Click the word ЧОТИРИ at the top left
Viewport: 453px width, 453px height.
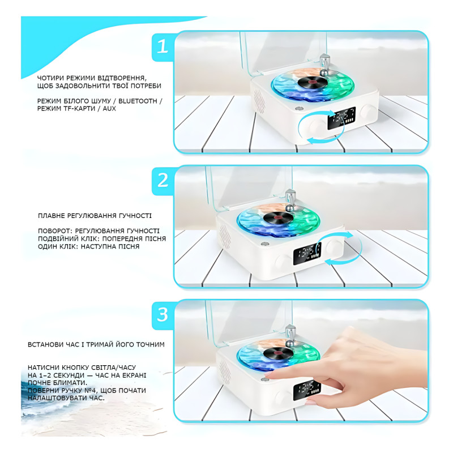point(52,78)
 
